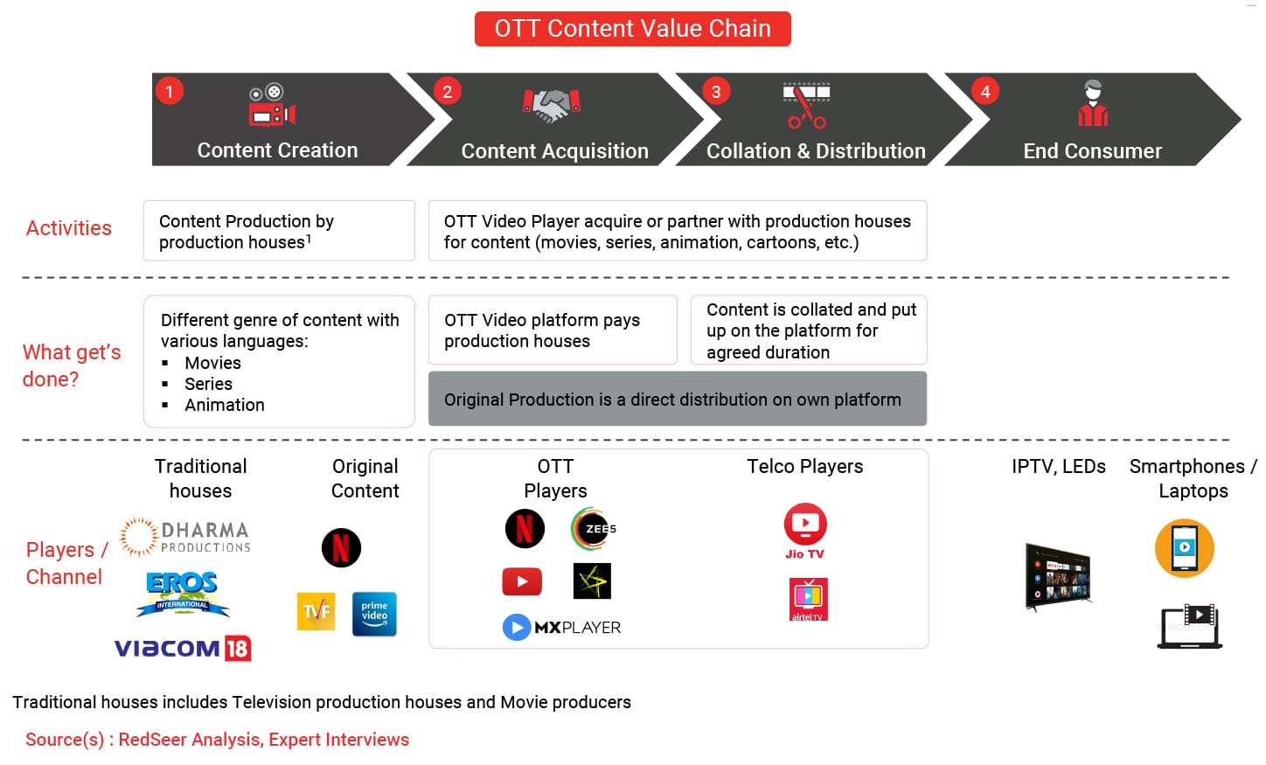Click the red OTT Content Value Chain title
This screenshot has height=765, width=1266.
pyautogui.click(x=632, y=29)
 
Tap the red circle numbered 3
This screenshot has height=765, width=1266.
pyautogui.click(x=716, y=92)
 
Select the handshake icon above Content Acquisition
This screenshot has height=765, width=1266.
pyautogui.click(x=552, y=106)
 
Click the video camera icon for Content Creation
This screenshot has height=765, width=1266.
pyautogui.click(x=273, y=105)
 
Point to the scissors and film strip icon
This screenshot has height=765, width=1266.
pyautogui.click(x=806, y=106)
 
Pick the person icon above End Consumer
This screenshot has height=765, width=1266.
pyautogui.click(x=1093, y=103)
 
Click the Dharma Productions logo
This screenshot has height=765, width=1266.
pyautogui.click(x=184, y=536)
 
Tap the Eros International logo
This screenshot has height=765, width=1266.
pyautogui.click(x=182, y=594)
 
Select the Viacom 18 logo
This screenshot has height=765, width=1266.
pyautogui.click(x=183, y=648)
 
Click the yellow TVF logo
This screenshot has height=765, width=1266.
pyautogui.click(x=316, y=611)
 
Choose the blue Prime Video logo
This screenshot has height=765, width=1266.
pyautogui.click(x=374, y=614)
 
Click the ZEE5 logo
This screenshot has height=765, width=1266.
pyautogui.click(x=593, y=529)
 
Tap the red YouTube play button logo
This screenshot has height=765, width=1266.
pyautogui.click(x=522, y=581)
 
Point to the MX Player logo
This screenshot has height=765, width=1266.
pyautogui.click(x=561, y=627)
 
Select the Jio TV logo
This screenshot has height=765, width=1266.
pyautogui.click(x=805, y=531)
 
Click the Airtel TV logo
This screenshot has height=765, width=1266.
pyautogui.click(x=808, y=600)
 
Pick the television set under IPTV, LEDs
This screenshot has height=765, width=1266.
pyautogui.click(x=1057, y=577)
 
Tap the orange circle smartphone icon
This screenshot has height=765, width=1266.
pyautogui.click(x=1184, y=548)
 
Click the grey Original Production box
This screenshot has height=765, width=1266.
pyautogui.click(x=677, y=399)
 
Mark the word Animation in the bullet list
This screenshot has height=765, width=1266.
pyautogui.click(x=225, y=405)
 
